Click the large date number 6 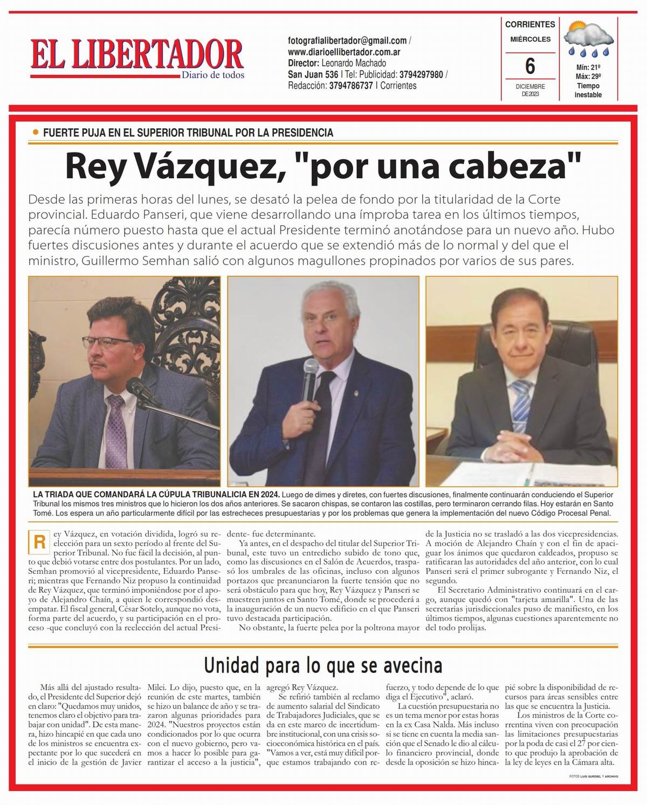[530, 66]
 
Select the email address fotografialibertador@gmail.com [348, 41]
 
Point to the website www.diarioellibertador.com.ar [344, 52]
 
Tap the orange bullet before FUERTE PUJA [36, 133]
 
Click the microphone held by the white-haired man [311, 384]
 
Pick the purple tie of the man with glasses [115, 426]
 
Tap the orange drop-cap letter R [39, 542]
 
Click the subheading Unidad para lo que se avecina [323, 666]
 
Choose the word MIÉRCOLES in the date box [531, 39]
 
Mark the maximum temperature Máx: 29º [588, 77]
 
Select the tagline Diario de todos [213, 75]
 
